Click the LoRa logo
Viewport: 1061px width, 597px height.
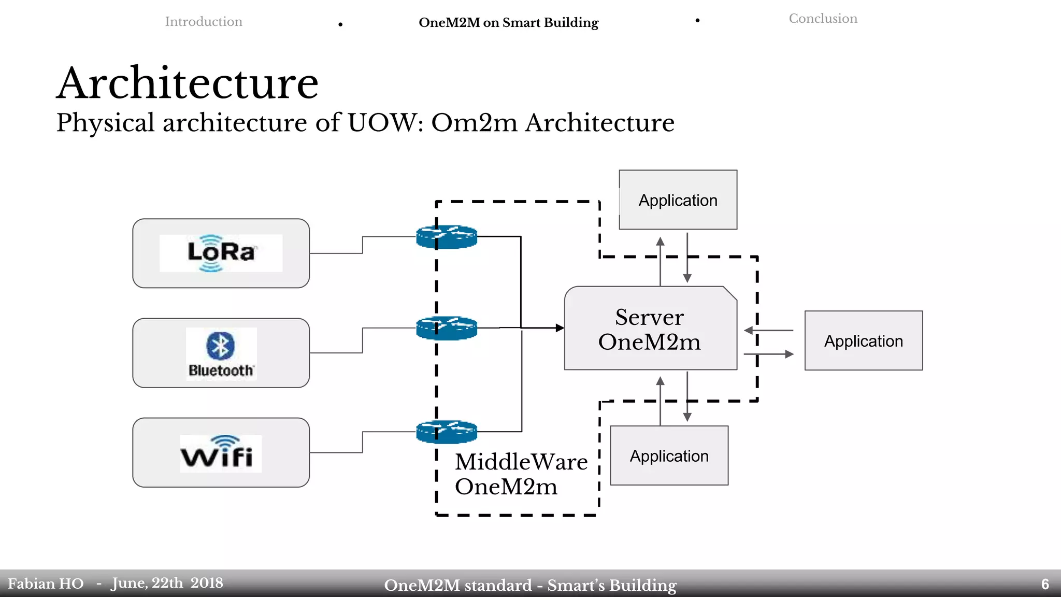[221, 253]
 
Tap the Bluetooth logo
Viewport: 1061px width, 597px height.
[221, 353]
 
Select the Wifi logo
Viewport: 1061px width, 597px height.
[221, 453]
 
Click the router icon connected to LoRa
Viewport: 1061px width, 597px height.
[447, 237]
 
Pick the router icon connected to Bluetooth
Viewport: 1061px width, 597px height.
[447, 328]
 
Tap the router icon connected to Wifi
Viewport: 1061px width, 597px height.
[447, 432]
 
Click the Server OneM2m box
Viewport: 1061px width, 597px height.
[650, 329]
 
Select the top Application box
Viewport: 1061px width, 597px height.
[678, 200]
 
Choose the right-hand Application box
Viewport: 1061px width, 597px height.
[863, 341]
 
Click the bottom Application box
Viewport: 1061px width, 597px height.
[669, 456]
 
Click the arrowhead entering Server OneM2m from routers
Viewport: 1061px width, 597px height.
[560, 328]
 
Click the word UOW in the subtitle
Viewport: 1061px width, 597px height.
[385, 123]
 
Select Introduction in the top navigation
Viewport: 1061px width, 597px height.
[203, 22]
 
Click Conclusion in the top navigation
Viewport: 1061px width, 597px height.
[823, 19]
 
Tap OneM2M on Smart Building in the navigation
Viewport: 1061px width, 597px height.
[508, 23]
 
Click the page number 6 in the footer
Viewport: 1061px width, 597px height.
[1045, 585]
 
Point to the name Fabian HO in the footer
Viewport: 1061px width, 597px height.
[46, 584]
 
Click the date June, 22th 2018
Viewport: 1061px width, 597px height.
[167, 584]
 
